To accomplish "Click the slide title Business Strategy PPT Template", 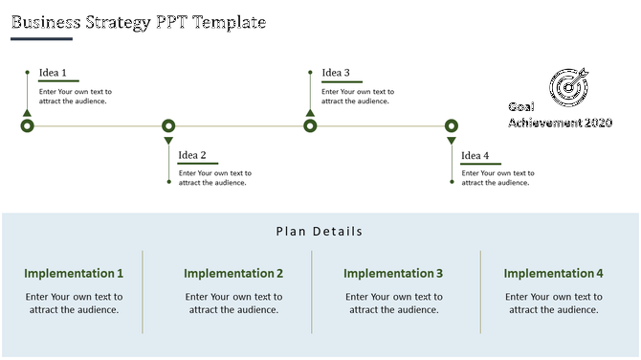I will pyautogui.click(x=139, y=22).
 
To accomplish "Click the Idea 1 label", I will pyautogui.click(x=53, y=73).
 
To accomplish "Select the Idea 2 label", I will pyautogui.click(x=192, y=155).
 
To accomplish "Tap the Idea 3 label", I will pyautogui.click(x=336, y=73).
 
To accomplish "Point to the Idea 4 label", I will pyautogui.click(x=475, y=156).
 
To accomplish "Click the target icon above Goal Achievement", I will pyautogui.click(x=568, y=87).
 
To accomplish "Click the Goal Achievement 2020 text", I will pyautogui.click(x=560, y=116).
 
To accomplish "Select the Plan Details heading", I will pyautogui.click(x=320, y=231).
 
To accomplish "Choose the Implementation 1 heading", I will pyautogui.click(x=74, y=274).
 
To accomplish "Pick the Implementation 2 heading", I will pyautogui.click(x=233, y=274).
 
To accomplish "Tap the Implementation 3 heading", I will pyautogui.click(x=393, y=274).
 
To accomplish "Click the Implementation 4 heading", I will pyautogui.click(x=554, y=274).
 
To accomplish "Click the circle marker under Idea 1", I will pyautogui.click(x=27, y=126).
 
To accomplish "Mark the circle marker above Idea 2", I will pyautogui.click(x=168, y=125).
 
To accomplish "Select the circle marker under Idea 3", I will pyautogui.click(x=310, y=126).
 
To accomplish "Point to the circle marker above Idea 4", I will pyautogui.click(x=452, y=125).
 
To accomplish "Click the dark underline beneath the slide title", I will pyautogui.click(x=41, y=39).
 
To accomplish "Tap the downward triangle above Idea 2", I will pyautogui.click(x=168, y=142).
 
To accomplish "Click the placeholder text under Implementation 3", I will pyautogui.click(x=393, y=304).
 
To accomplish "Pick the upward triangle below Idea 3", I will pyautogui.click(x=310, y=113).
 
